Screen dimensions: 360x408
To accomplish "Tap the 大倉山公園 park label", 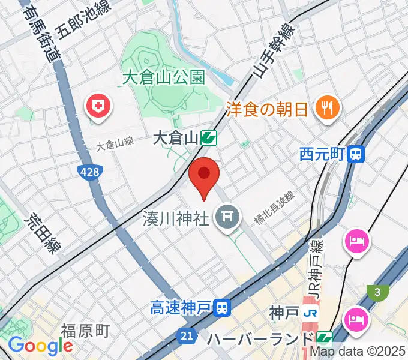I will [163, 77].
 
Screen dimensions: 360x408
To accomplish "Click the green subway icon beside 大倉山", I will [209, 139].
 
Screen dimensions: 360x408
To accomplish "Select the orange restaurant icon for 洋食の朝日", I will [328, 108].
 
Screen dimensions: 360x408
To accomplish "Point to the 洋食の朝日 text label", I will [267, 109].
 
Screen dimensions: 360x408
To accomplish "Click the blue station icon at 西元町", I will [356, 155].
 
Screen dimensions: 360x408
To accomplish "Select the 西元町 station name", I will [322, 155].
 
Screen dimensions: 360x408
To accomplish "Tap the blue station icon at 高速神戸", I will [222, 309].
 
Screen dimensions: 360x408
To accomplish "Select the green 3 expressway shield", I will [377, 292].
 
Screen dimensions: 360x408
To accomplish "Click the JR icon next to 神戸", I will [310, 313].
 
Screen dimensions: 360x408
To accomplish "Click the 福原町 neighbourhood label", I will [85, 330].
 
